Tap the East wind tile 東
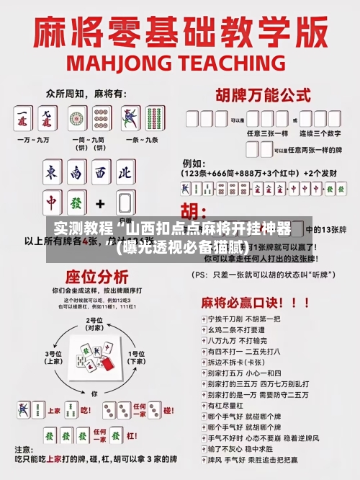point(51,173)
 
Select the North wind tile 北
point(125,173)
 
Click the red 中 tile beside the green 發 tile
point(51,203)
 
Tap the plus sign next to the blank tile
point(100,203)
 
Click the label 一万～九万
point(36,139)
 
